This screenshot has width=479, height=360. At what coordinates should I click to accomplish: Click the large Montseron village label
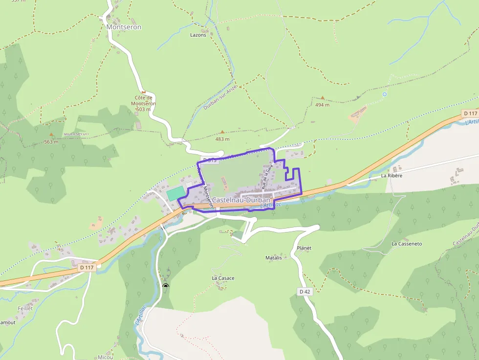click(124, 27)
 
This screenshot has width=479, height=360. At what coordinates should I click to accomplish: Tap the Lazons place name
click(198, 35)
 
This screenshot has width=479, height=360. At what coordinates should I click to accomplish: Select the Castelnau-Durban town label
click(241, 200)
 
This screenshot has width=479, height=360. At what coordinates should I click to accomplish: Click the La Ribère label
click(392, 175)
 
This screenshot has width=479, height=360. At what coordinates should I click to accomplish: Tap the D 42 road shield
click(304, 292)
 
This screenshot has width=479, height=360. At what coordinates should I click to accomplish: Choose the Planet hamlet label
click(304, 248)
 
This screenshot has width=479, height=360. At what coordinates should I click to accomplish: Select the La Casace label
click(223, 278)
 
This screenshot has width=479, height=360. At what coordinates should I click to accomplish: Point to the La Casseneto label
click(407, 244)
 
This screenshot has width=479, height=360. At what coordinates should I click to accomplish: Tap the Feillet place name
click(24, 309)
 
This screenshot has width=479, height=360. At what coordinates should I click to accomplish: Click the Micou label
click(105, 357)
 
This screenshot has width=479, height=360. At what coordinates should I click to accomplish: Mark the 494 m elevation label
click(322, 105)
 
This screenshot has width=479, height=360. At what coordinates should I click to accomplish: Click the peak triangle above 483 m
click(222, 132)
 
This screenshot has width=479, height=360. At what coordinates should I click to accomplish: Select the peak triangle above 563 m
click(51, 134)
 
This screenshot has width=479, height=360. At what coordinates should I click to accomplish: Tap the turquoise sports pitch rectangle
click(175, 193)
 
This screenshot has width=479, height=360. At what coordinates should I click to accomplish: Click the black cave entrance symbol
click(166, 286)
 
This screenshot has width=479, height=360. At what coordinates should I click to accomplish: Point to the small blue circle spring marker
click(385, 94)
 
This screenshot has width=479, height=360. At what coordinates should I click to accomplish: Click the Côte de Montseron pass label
click(144, 103)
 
